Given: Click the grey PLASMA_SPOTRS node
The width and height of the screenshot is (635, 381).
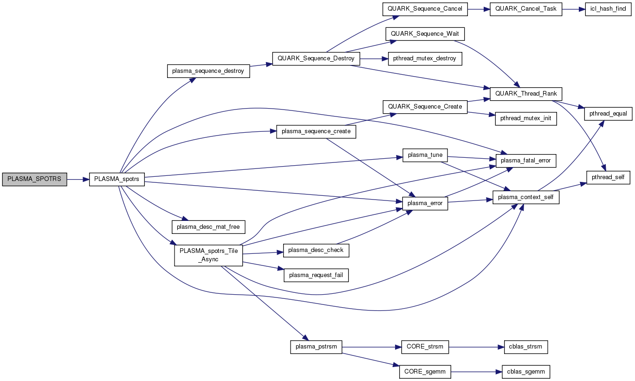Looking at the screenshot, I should point(34,179).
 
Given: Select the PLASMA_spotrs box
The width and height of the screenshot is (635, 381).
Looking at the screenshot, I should point(117,179).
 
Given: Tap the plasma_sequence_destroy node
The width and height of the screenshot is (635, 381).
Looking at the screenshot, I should point(208,71).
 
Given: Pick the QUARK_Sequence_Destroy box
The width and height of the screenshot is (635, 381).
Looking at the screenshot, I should point(316,58).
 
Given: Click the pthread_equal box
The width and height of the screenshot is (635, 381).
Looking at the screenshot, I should point(608,113).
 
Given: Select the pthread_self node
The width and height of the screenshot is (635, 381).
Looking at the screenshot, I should point(609,177).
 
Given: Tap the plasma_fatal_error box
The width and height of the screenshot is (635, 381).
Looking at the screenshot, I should point(526,161).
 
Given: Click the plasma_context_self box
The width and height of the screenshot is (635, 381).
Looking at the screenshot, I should point(526,197).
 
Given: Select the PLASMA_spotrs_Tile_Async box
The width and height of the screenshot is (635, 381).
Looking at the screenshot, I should point(208,255).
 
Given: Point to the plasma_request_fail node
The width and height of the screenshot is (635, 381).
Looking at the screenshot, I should point(316,275).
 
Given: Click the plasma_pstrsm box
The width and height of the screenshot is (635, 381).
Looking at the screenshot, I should point(316,347).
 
